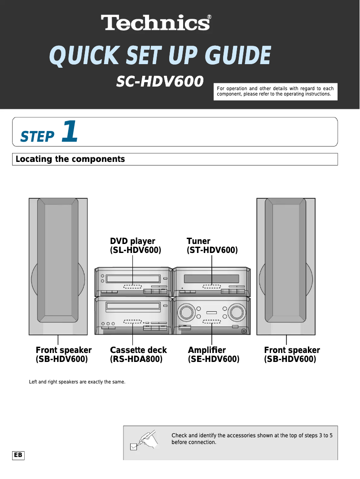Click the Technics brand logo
click(x=156, y=22)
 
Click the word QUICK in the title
click(x=84, y=57)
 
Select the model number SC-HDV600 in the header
click(x=160, y=81)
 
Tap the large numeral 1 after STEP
click(x=70, y=132)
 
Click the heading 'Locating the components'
click(x=70, y=159)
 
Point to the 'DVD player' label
click(x=133, y=241)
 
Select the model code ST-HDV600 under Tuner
click(x=212, y=250)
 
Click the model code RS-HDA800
click(x=136, y=359)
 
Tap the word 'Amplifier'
click(x=207, y=350)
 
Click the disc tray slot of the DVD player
click(x=133, y=279)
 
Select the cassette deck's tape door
click(x=133, y=307)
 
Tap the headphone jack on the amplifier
click(x=244, y=331)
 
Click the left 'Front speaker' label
click(x=64, y=350)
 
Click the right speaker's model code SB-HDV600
click(x=290, y=359)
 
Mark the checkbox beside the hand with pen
click(x=133, y=446)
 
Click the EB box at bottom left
click(x=18, y=455)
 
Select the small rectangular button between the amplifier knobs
click(x=211, y=312)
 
